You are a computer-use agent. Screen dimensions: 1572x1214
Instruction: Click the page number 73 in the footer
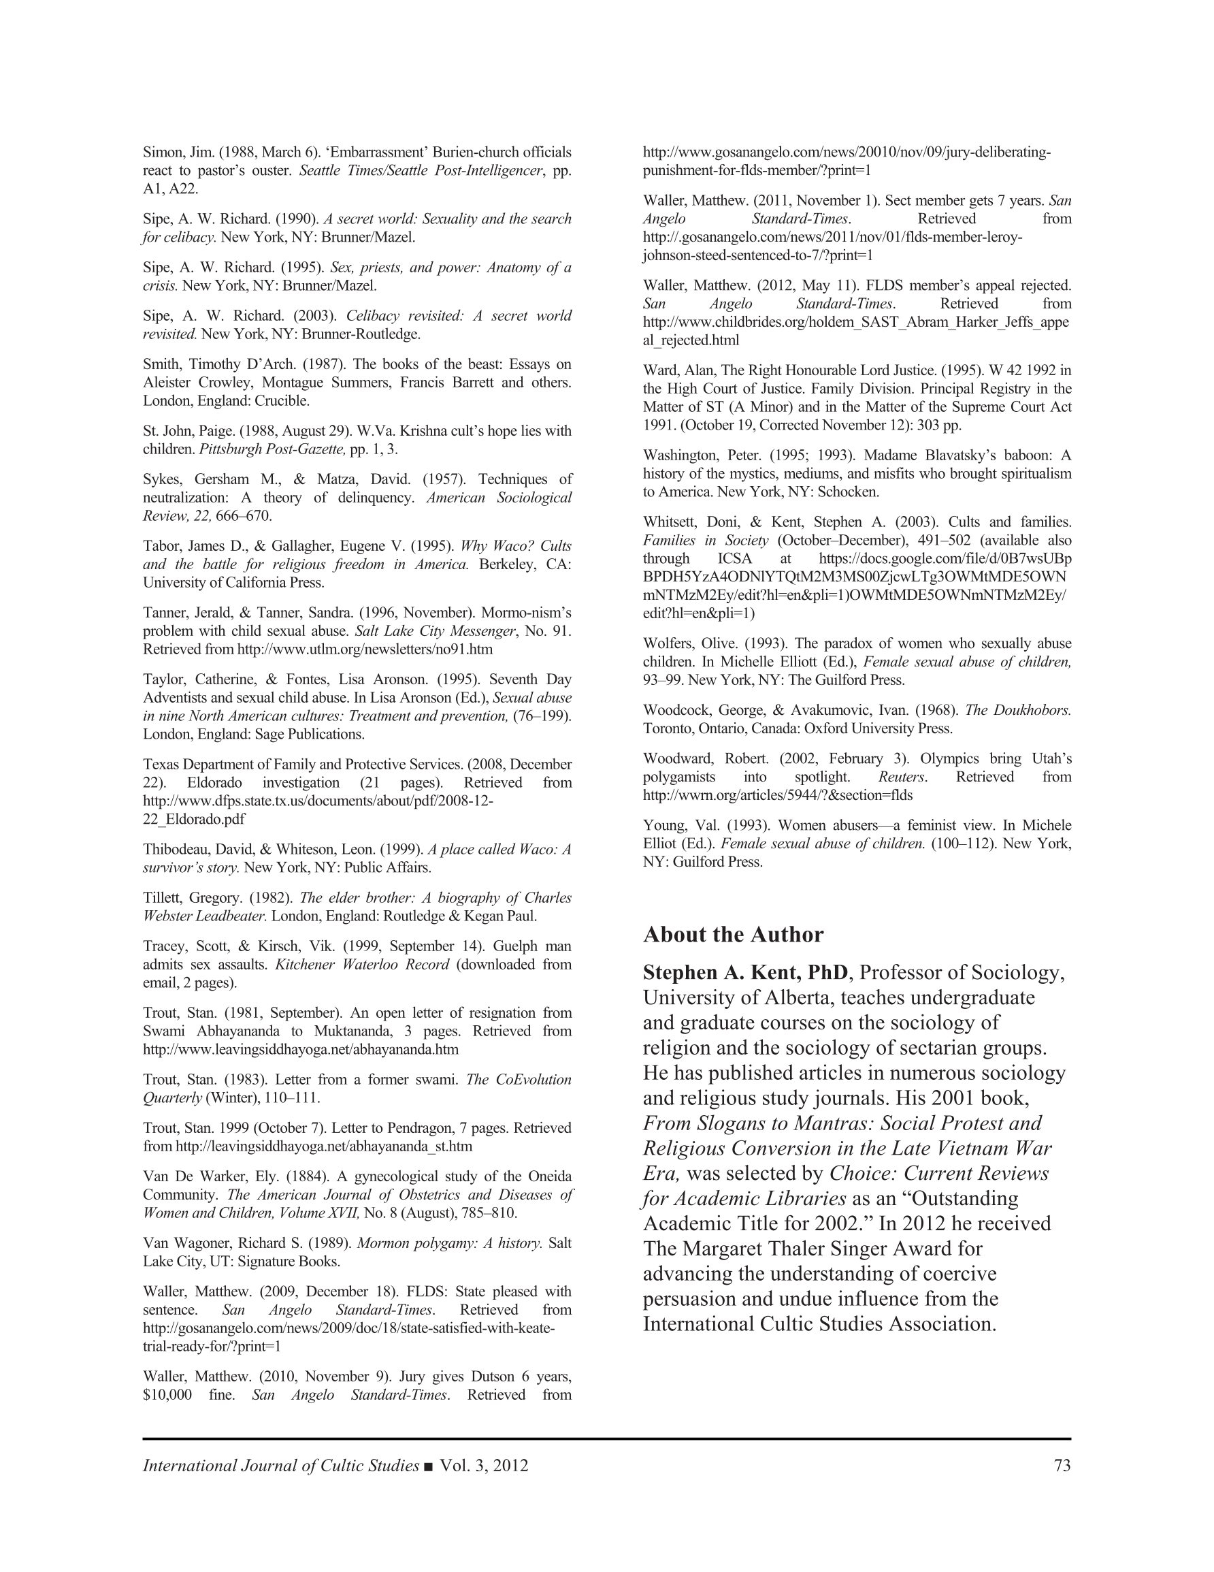click(1062, 1466)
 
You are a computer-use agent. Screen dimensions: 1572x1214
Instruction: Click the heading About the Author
click(733, 934)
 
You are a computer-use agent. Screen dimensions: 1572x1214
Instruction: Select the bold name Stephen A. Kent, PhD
click(745, 973)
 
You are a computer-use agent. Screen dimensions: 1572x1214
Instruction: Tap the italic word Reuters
click(902, 777)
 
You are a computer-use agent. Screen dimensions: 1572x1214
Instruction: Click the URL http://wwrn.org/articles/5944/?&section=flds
click(777, 795)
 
